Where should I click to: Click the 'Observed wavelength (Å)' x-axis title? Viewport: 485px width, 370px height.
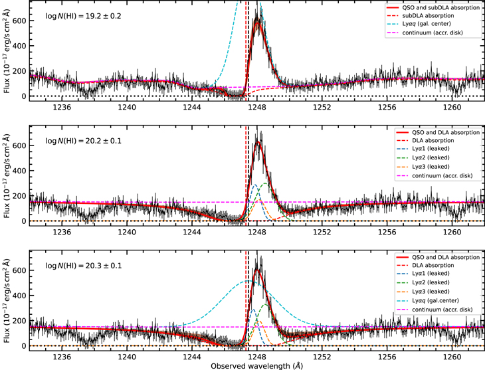click(256, 365)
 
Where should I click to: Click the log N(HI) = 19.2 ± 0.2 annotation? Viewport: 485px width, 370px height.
click(84, 15)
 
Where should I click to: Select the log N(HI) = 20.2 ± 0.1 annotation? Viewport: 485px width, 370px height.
click(84, 141)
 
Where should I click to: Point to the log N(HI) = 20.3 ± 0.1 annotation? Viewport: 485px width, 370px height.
click(84, 266)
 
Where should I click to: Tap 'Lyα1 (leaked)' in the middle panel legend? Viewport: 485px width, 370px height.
click(425, 149)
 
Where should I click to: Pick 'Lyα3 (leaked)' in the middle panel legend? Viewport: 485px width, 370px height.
click(425, 167)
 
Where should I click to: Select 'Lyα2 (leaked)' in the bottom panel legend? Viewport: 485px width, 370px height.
click(425, 283)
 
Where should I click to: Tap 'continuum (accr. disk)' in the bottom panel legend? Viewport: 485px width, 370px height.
click(436, 309)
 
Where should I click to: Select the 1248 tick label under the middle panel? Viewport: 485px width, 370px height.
click(257, 231)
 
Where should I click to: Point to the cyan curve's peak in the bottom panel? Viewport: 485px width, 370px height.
click(248, 280)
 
